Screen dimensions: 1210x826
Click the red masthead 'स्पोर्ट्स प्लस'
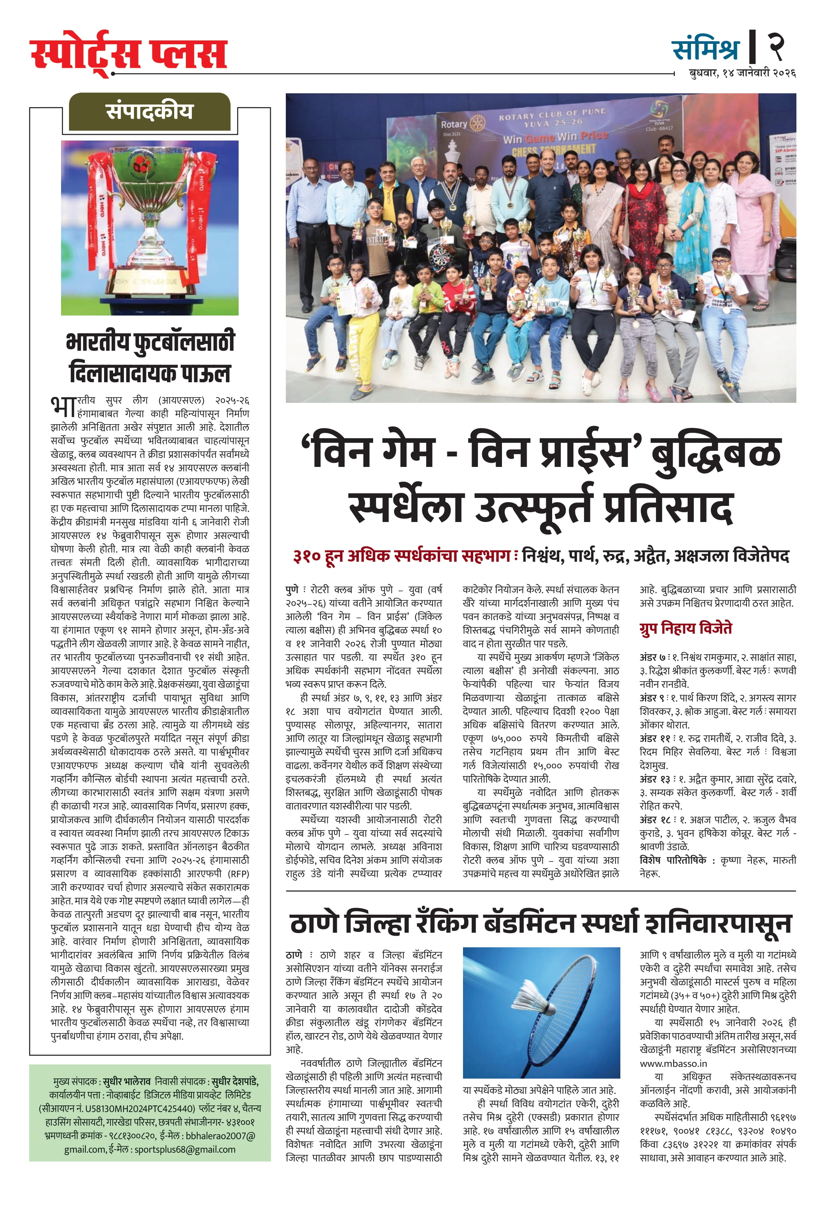(128, 54)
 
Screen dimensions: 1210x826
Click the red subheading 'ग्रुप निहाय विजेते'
(685, 628)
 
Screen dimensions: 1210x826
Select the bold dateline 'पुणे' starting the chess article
(292, 590)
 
